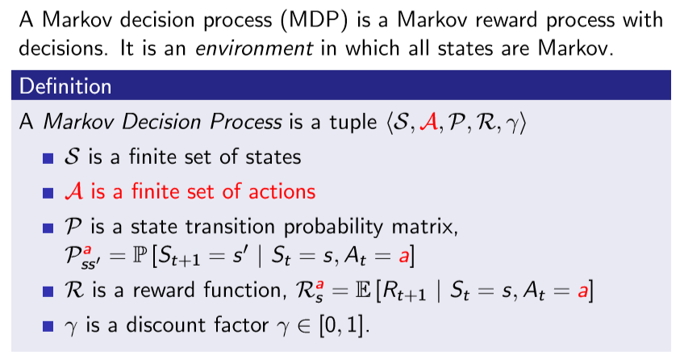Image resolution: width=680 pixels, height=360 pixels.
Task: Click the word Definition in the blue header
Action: [65, 85]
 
